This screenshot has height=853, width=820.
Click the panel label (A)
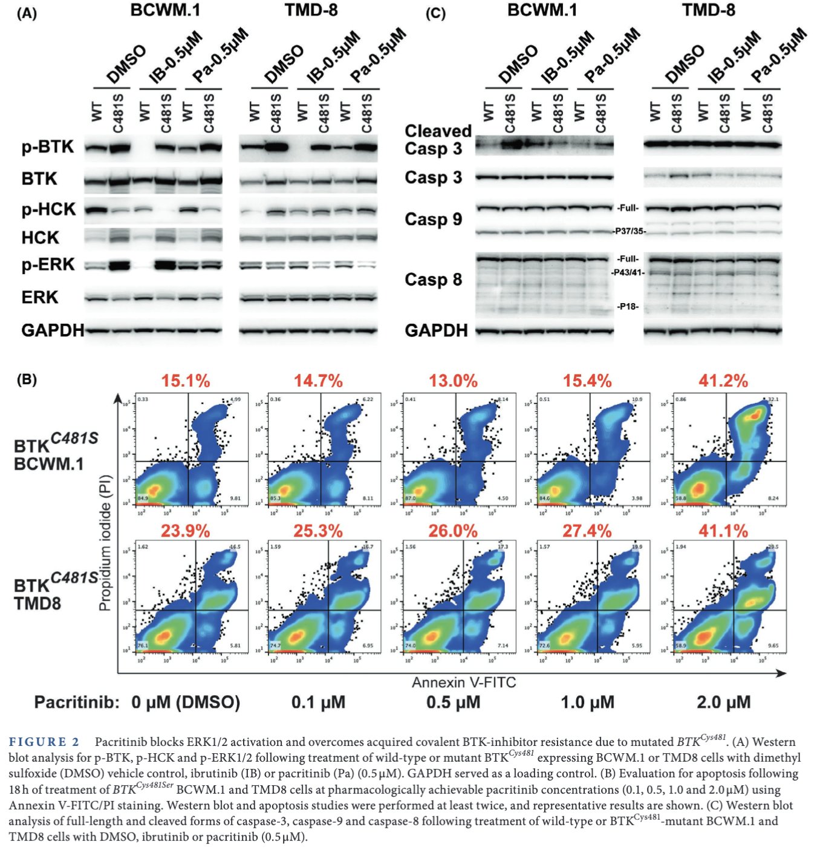tap(27, 13)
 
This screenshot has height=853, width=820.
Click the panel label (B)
tap(27, 379)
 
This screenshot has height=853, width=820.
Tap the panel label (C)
tap(435, 13)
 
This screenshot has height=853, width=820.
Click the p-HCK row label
tap(49, 209)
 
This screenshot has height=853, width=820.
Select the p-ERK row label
tap(48, 264)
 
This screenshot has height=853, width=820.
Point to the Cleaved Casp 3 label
tap(438, 140)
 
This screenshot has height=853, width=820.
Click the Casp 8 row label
tap(433, 279)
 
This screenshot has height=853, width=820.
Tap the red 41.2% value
tap(723, 381)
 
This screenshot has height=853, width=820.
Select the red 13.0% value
tap(453, 381)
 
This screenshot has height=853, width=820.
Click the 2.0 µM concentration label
tap(723, 702)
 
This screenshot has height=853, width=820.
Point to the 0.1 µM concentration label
tap(318, 702)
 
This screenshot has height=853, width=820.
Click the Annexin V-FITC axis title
tap(464, 682)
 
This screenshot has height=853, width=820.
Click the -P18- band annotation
tap(628, 306)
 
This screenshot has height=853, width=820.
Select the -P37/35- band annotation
tap(629, 231)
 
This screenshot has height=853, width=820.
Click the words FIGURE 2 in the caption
tap(44, 742)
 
